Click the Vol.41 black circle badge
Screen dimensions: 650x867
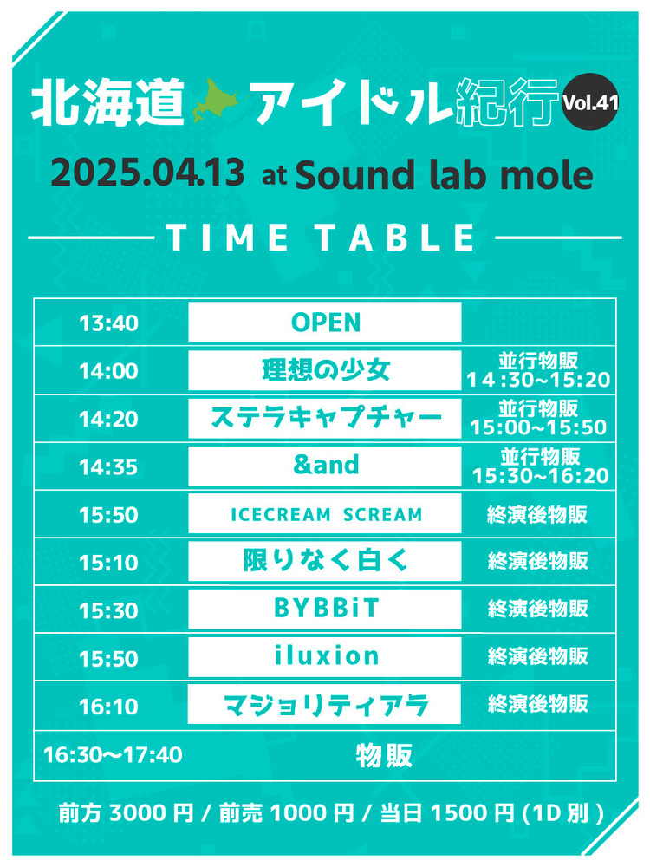point(589,101)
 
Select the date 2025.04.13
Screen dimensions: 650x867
point(147,173)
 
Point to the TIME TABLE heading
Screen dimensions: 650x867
point(321,238)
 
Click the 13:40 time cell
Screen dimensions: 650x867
point(108,323)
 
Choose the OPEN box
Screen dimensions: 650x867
point(325,322)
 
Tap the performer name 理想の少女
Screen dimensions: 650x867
point(326,370)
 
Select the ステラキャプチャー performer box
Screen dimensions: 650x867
point(325,418)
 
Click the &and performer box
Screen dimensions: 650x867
point(325,466)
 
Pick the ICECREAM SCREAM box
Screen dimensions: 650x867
point(325,513)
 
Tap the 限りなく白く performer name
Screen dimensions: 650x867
point(326,561)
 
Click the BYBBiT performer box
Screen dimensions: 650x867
point(325,609)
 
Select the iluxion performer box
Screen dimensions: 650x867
point(325,657)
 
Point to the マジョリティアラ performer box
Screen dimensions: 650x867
point(324,704)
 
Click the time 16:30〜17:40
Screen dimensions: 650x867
point(113,755)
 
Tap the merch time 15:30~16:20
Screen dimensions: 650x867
point(540,475)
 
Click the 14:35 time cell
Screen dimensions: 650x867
point(108,467)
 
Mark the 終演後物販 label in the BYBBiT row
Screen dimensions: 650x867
point(538,609)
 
